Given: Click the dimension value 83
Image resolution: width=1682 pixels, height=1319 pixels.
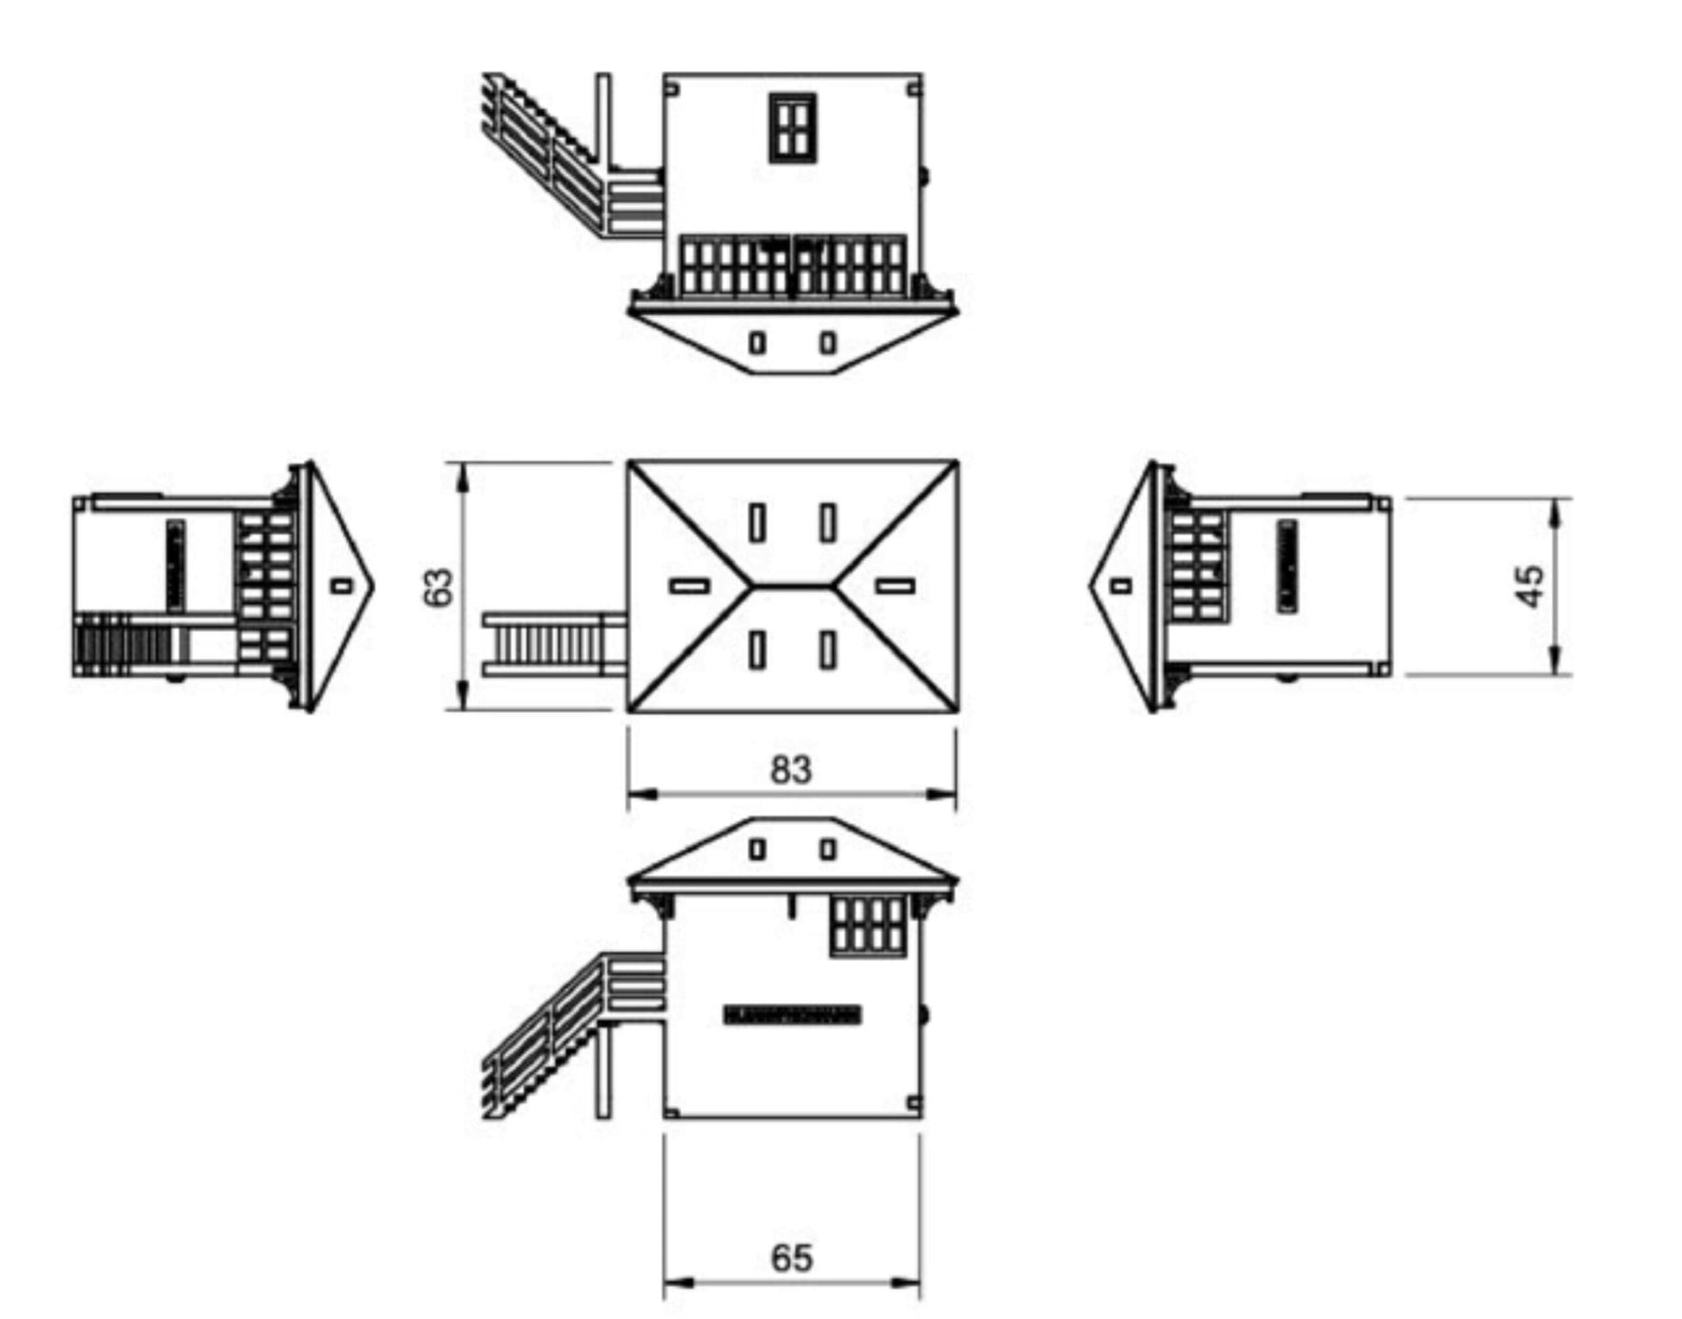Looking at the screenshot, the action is click(791, 768).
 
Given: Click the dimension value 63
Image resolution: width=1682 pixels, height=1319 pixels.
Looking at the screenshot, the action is click(439, 587).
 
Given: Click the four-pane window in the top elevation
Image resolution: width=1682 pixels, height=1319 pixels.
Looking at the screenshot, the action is click(793, 126).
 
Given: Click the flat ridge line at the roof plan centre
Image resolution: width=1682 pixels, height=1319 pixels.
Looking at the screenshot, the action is click(793, 585).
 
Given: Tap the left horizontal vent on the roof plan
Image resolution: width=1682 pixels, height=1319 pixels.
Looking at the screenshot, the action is click(690, 585).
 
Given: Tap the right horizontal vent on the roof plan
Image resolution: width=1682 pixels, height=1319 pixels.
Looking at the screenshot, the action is click(895, 585).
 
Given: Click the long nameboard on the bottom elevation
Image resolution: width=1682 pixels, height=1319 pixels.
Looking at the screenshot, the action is click(793, 1015).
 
